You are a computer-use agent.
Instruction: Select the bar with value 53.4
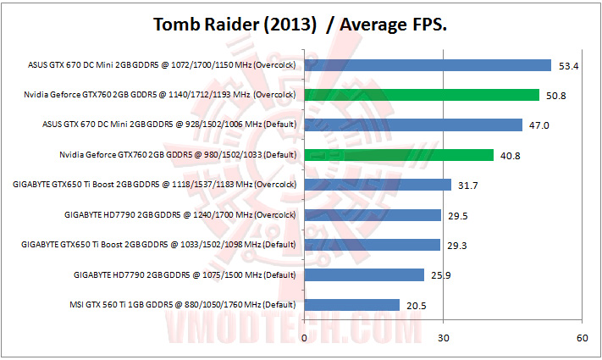428,64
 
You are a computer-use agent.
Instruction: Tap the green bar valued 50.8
422,95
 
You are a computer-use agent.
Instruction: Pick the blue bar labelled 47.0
413,125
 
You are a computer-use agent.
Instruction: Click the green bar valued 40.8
399,155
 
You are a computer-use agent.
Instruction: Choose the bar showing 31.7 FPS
378,185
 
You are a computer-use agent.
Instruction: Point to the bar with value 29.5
373,215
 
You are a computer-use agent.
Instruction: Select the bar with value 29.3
373,245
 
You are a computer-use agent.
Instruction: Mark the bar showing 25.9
364,274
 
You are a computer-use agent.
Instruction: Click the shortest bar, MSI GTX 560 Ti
351,305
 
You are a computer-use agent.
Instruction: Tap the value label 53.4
569,65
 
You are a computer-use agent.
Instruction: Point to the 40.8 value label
511,156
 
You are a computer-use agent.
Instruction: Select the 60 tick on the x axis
581,338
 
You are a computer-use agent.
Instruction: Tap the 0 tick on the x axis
304,338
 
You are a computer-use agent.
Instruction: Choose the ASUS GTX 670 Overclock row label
163,64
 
